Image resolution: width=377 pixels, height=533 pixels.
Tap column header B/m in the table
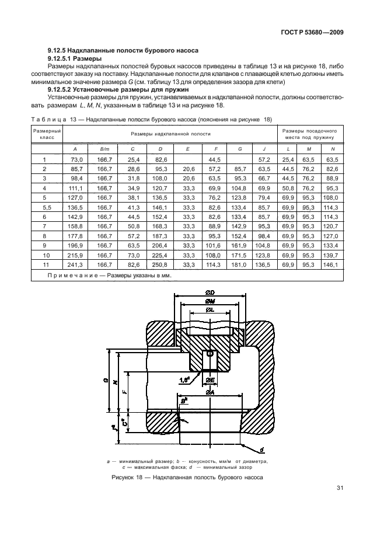click(105, 149)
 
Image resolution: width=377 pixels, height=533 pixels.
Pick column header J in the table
click(264, 149)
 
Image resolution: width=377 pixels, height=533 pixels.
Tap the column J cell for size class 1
click(264, 159)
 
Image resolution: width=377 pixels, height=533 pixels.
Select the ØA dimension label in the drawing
click(210, 392)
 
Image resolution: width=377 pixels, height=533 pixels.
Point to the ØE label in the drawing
click(211, 381)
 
